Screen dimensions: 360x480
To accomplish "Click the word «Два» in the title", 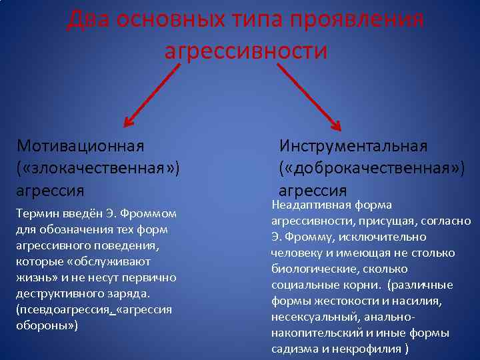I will pyautogui.click(x=88, y=19).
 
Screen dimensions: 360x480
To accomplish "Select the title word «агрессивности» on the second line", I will pyautogui.click(x=246, y=51).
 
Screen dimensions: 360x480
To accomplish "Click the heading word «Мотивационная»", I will pyautogui.click(x=81, y=145).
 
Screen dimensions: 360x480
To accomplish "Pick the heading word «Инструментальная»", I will pyautogui.click(x=353, y=145).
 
